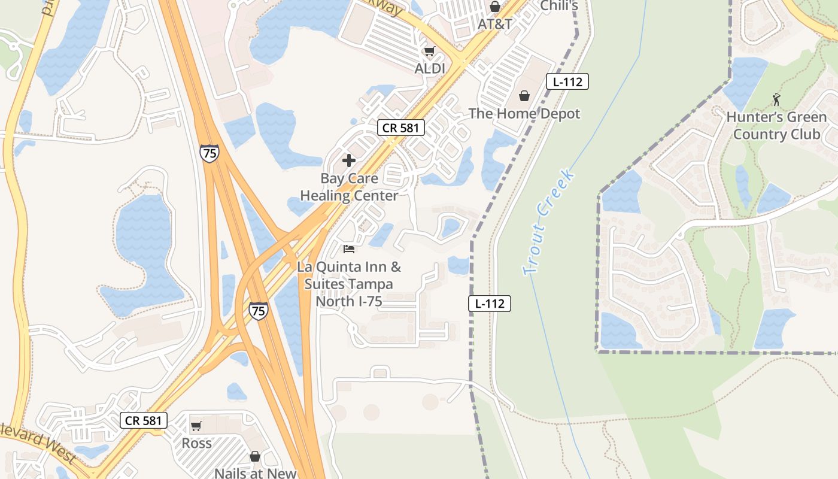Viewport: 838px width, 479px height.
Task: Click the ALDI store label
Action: point(430,69)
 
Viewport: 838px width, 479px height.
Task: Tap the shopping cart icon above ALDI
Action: point(429,51)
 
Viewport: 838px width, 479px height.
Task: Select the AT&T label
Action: point(495,25)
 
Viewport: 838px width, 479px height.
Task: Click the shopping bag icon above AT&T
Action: point(495,7)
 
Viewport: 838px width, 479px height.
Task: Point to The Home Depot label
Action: point(524,113)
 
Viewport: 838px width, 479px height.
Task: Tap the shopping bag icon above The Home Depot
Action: point(524,96)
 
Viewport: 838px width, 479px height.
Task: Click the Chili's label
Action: point(558,6)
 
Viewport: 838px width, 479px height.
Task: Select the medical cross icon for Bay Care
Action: point(349,160)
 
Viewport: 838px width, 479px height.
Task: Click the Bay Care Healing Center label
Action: point(349,187)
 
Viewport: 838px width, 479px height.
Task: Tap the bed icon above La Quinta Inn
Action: point(349,249)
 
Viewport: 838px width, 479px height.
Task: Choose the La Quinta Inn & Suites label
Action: point(349,284)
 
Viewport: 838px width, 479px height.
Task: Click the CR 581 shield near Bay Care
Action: point(401,128)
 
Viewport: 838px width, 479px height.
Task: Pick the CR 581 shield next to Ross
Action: point(144,420)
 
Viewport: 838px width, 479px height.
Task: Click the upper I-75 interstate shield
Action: point(209,153)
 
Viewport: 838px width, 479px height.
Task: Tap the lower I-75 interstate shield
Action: point(258,311)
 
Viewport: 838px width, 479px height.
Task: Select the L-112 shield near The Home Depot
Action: point(567,81)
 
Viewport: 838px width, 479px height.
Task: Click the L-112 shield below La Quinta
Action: point(490,304)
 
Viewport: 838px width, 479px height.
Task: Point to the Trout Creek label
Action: point(549,223)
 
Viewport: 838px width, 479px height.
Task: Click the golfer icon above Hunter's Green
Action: point(777,99)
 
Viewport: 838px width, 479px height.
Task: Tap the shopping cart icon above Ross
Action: point(196,426)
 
